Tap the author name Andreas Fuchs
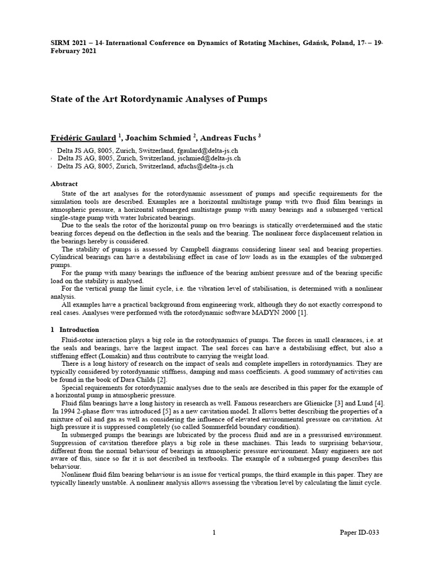click(x=228, y=138)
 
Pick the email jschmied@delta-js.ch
click(x=208, y=159)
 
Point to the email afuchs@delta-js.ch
click(x=205, y=166)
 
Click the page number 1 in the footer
click(x=215, y=532)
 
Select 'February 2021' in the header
click(x=73, y=51)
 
